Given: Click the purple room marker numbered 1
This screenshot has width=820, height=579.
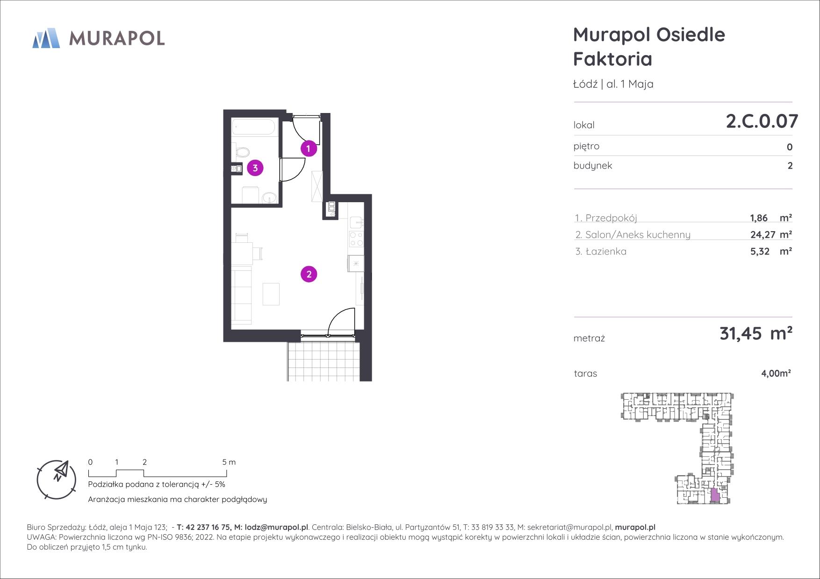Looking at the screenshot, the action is (x=309, y=149).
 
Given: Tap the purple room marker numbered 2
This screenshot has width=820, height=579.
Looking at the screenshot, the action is (x=309, y=274).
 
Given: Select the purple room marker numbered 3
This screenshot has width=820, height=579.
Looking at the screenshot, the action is (x=255, y=168).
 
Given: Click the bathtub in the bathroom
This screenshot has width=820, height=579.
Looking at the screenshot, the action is (x=255, y=127).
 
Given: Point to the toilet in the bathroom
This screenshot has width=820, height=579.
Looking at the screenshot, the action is (x=242, y=152).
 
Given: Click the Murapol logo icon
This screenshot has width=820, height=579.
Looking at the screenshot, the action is (x=46, y=38).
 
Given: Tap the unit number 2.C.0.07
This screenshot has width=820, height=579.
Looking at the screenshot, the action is (x=762, y=121).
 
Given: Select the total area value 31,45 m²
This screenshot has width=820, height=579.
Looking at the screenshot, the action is (x=756, y=333).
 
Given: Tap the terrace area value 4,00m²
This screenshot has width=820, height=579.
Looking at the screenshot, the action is (x=776, y=374).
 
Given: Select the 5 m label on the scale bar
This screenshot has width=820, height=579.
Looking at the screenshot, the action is (x=229, y=462).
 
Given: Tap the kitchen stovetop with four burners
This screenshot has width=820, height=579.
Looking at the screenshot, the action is (x=356, y=239).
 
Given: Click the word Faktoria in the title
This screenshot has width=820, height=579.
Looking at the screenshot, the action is (x=612, y=59).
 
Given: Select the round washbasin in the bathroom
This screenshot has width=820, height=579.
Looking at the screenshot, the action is (x=270, y=198).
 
